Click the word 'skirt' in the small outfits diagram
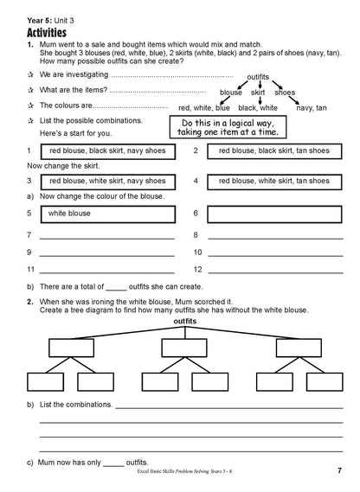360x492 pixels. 258,92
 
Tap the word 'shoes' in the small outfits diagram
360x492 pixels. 286,92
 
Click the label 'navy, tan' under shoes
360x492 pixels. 310,108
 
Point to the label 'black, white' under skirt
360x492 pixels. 258,108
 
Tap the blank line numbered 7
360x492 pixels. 104,236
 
